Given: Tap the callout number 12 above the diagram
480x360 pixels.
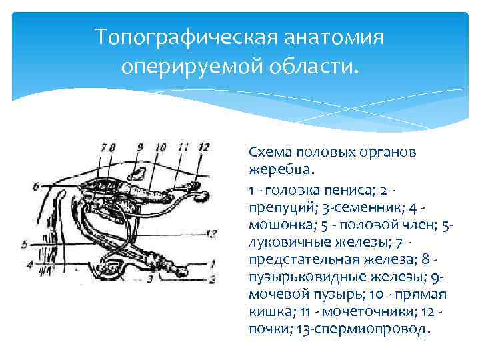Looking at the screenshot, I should (205, 146).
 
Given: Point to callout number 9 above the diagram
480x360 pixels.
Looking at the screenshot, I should (140, 146).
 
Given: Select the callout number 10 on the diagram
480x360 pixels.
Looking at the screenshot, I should (161, 146).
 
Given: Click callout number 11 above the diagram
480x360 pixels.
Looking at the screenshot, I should (184, 146).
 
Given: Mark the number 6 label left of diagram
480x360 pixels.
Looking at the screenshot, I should (35, 185).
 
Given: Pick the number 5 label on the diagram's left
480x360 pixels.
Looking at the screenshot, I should (25, 245).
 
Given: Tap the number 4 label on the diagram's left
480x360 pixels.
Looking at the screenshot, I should (29, 265).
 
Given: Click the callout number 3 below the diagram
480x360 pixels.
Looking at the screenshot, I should (150, 279).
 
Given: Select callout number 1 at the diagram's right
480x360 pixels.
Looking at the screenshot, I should (212, 263).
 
